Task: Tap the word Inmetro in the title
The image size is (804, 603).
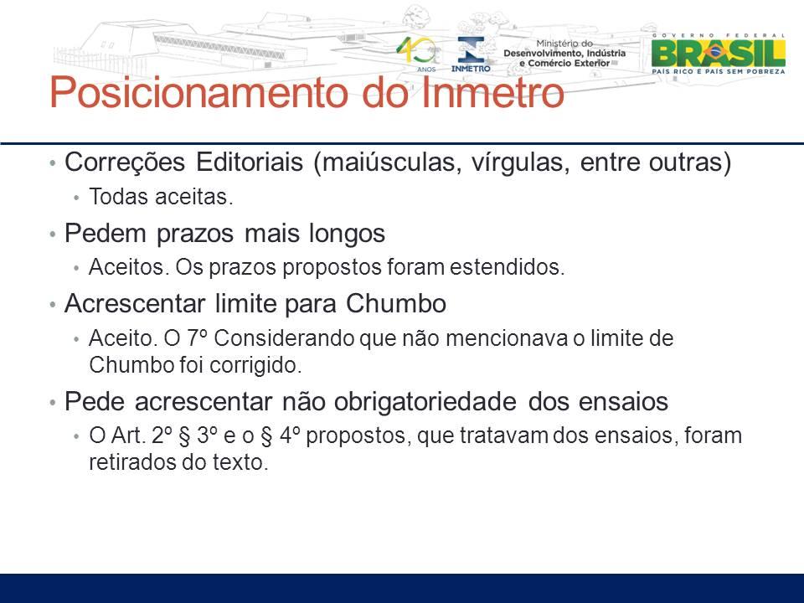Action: (x=492, y=92)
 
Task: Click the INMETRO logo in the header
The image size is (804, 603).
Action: (x=471, y=54)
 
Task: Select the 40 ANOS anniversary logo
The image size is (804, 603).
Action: (x=417, y=54)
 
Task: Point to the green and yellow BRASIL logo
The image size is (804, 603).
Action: (x=719, y=54)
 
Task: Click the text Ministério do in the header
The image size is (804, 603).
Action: (x=564, y=44)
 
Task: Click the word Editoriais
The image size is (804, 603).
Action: (x=250, y=162)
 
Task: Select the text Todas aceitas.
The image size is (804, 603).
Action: (x=161, y=197)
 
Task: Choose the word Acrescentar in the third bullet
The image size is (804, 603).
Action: (x=134, y=303)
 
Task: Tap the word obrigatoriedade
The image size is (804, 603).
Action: (x=425, y=401)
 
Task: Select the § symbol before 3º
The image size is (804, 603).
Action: (x=185, y=436)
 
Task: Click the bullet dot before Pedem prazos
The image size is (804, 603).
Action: (x=52, y=234)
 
